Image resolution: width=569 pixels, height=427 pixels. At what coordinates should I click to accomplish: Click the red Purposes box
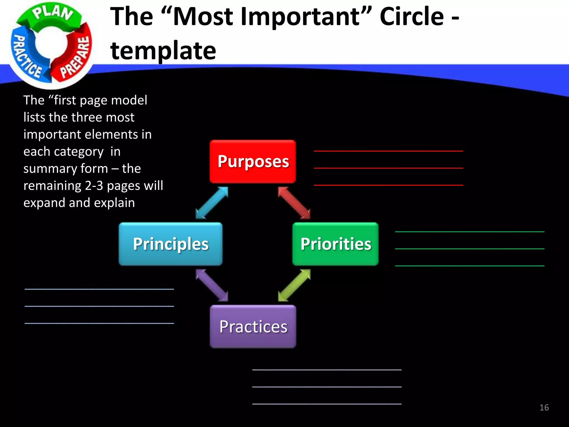tap(253, 162)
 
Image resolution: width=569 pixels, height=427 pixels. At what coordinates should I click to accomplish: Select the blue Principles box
tap(170, 244)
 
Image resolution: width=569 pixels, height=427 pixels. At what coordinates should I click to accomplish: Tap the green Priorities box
tap(335, 244)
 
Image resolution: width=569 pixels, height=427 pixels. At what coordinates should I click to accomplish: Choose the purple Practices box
tap(253, 326)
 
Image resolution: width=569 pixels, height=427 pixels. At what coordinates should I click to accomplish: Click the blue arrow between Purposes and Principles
tap(212, 203)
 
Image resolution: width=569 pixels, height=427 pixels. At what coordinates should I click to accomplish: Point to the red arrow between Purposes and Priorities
tap(294, 203)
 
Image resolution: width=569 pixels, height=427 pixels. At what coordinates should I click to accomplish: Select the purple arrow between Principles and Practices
tap(212, 285)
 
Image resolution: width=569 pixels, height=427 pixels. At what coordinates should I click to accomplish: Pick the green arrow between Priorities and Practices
tap(294, 285)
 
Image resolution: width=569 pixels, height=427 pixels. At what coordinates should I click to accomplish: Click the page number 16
tap(544, 408)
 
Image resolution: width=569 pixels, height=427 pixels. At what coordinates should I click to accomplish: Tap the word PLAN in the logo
tap(53, 13)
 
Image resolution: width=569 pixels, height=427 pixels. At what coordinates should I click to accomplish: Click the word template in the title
tap(163, 51)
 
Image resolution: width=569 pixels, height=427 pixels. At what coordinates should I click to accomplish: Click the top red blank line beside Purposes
tap(388, 151)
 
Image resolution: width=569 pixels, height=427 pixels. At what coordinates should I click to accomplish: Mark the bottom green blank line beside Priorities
tap(470, 266)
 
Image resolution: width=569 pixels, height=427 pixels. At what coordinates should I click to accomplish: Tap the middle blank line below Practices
tap(327, 387)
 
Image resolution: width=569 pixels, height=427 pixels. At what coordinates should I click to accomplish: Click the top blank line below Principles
tap(99, 289)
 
